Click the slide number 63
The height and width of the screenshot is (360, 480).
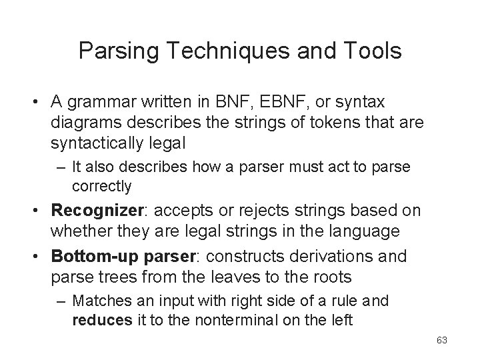click(x=441, y=341)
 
